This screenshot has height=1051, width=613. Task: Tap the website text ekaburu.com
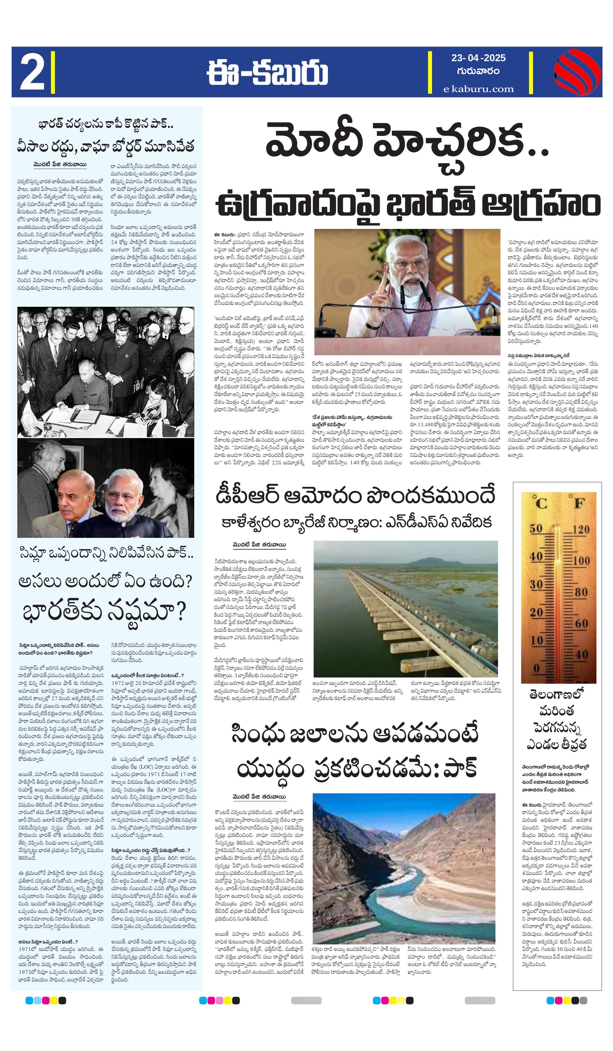coord(478,89)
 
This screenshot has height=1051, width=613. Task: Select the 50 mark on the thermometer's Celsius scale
coord(536,529)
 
